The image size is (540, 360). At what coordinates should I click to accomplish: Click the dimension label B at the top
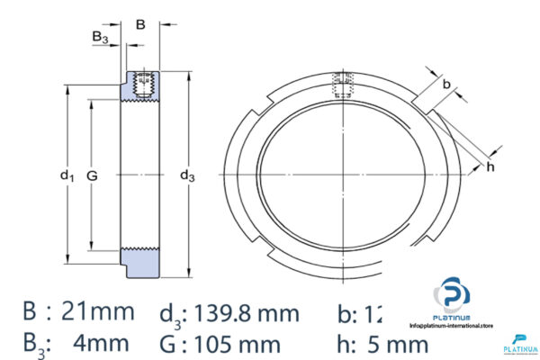tap(139, 25)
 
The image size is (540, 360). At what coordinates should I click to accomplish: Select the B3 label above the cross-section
tap(101, 37)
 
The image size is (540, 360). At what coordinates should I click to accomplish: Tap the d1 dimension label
tap(66, 176)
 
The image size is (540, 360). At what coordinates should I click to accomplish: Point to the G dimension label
tap(91, 176)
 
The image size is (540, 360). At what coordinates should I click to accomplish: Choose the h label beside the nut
tap(490, 167)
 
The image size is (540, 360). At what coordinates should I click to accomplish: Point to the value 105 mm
tap(249, 343)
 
